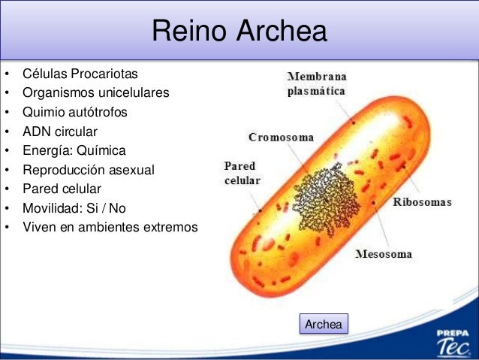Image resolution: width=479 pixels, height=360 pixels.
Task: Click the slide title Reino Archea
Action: click(x=239, y=32)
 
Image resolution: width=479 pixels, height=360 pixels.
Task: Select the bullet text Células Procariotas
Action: click(x=80, y=74)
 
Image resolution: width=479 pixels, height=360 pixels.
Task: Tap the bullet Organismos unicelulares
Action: click(x=96, y=93)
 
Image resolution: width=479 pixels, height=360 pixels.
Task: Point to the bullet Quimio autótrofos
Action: click(x=75, y=113)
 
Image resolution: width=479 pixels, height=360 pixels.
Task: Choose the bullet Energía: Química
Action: click(x=74, y=150)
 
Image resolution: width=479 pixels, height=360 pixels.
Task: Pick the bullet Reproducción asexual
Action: click(x=89, y=170)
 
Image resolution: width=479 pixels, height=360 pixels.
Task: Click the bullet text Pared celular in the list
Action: click(x=62, y=189)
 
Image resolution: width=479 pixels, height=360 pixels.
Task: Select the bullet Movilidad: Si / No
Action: click(x=74, y=207)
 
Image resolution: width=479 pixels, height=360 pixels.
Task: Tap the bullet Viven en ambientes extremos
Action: click(x=110, y=226)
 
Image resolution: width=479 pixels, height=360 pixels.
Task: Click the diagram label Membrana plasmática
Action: click(x=316, y=83)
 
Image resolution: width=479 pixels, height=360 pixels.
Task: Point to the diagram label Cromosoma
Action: click(x=282, y=138)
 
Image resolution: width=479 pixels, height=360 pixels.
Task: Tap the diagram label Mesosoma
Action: click(x=383, y=254)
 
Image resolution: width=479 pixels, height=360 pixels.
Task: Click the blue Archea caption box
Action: click(x=324, y=325)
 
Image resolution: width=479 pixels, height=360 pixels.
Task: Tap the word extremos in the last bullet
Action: click(x=172, y=226)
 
